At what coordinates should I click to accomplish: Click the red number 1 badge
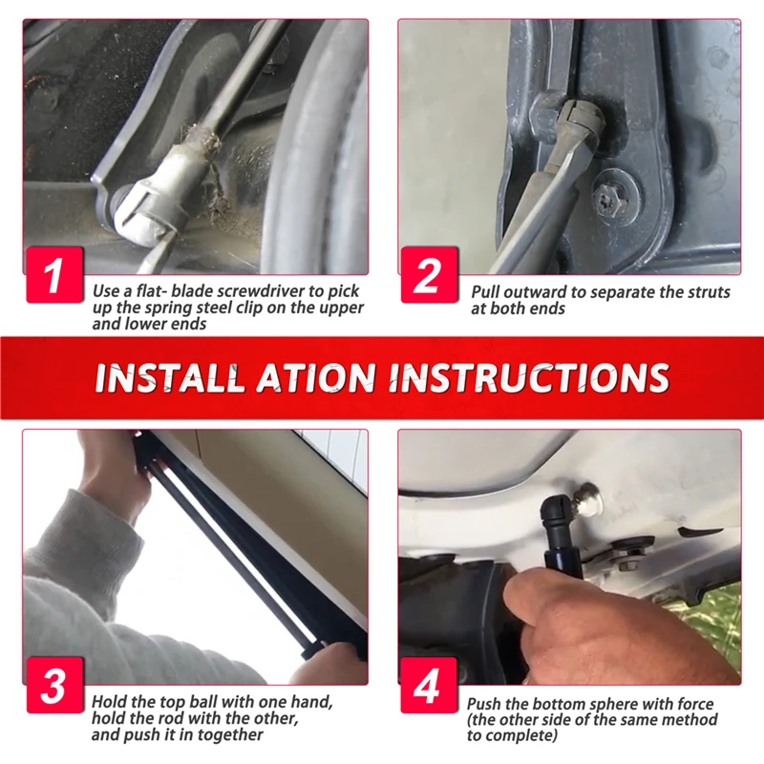coord(54,274)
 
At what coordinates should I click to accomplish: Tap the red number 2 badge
coord(429,274)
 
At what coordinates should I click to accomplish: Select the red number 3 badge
coord(54,685)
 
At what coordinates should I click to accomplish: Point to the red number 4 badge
coord(429,685)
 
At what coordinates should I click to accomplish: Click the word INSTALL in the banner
coord(169,377)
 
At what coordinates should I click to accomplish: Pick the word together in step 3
coord(229,734)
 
